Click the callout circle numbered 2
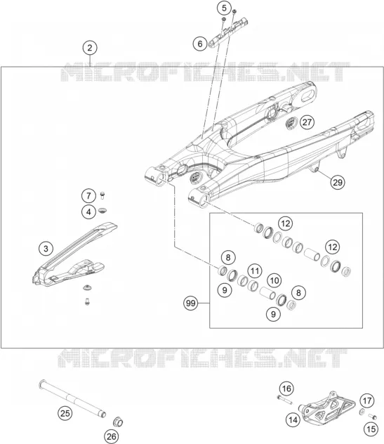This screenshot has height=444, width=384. coord(90,48)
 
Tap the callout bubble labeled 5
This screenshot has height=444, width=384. coord(225,8)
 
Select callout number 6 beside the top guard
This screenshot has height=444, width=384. coord(200,44)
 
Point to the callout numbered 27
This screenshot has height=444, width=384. coord(307,122)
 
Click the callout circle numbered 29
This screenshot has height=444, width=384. coord(338,182)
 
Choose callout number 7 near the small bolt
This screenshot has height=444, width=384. coord(88,196)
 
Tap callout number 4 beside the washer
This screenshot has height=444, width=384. coord(89,211)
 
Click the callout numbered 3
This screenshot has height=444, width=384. coord(46,249)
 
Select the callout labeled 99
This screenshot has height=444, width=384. coord(191,303)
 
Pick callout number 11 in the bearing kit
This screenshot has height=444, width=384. coord(255,271)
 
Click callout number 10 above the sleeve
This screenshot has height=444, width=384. coord(274,280)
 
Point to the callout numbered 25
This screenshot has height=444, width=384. coord(65,413)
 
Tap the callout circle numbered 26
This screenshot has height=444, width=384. coord(111,436)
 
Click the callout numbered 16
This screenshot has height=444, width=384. coord(286,388)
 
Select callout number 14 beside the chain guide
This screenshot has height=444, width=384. coord(293,419)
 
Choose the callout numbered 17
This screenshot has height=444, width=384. coord(367,401)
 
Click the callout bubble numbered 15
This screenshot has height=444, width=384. coord(371,429)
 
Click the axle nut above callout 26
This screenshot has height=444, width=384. coord(118,422)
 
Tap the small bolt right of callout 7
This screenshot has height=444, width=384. coord(102,195)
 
